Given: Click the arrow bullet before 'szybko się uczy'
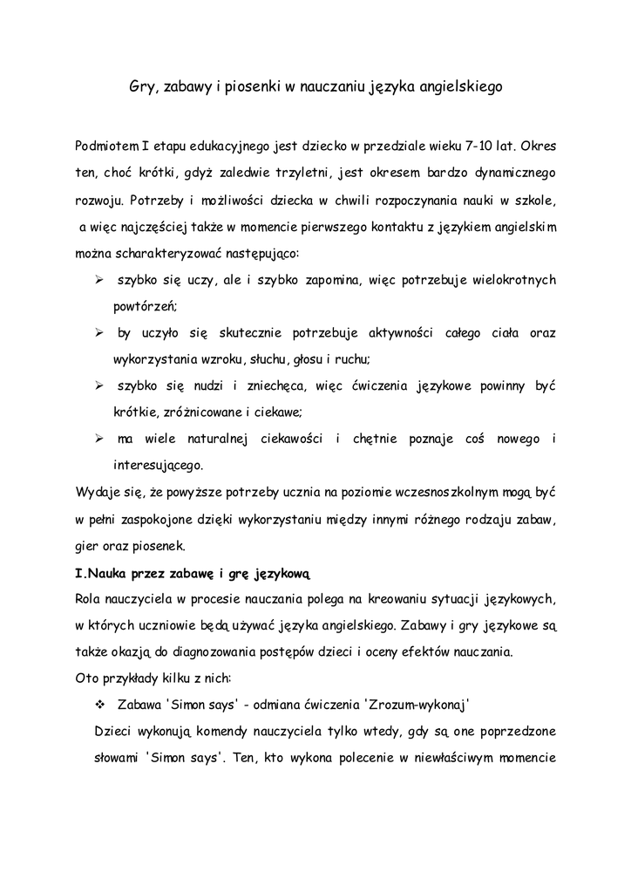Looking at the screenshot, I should point(100,282).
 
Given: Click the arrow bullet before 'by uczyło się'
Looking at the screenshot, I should point(100,333).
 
